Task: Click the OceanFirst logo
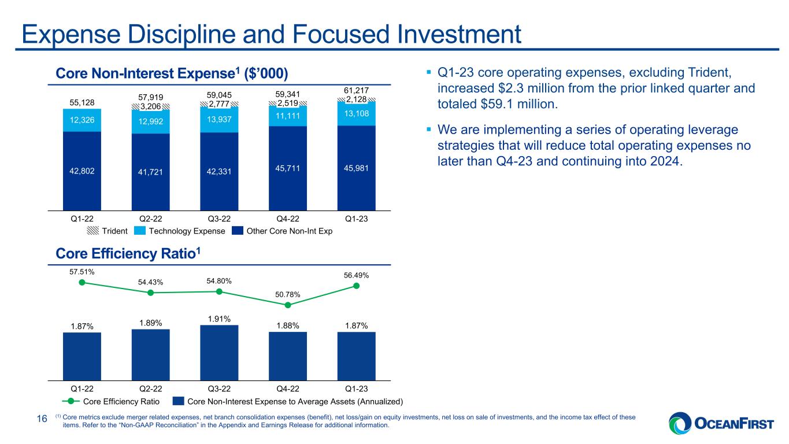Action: coord(721,423)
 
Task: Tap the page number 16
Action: coord(42,419)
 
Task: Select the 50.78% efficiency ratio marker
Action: coord(288,305)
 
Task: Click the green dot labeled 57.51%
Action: coord(82,282)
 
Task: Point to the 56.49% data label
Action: coord(356,275)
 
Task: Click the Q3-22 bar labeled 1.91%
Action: coord(219,353)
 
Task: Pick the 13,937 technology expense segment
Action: coord(219,120)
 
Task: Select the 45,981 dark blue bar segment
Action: coord(356,168)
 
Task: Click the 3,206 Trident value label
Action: coord(151,106)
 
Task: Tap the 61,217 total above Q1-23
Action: coord(356,91)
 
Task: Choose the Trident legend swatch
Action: coord(92,231)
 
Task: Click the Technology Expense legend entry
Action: coord(180,231)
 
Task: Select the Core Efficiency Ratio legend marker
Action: coord(71,401)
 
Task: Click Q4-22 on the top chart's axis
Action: coord(288,219)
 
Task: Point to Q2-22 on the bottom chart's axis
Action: coord(151,388)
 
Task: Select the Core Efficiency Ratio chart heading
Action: coord(128,253)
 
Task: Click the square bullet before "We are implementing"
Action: coord(429,129)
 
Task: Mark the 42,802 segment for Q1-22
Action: coord(82,171)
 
